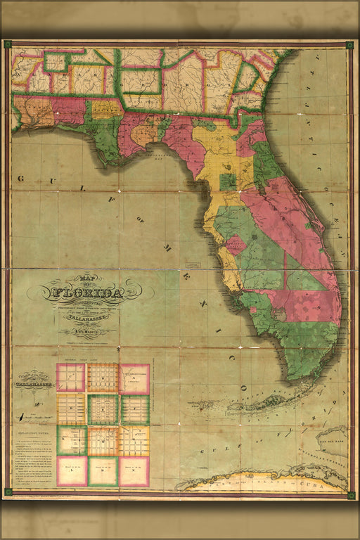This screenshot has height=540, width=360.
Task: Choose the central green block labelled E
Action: [103, 409]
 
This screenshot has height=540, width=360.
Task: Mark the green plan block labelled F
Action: [134, 409]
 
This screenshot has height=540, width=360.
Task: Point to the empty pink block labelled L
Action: [71, 471]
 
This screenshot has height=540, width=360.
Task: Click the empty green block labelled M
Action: [103, 471]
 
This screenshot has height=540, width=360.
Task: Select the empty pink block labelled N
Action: [134, 471]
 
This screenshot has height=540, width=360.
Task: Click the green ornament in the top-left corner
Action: [8, 44]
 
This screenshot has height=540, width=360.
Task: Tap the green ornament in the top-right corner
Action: [349, 45]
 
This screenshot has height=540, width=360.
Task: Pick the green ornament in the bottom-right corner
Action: [351, 494]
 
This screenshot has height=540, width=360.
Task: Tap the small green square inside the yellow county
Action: [227, 182]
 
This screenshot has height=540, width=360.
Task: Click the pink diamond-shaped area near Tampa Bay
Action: [236, 245]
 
